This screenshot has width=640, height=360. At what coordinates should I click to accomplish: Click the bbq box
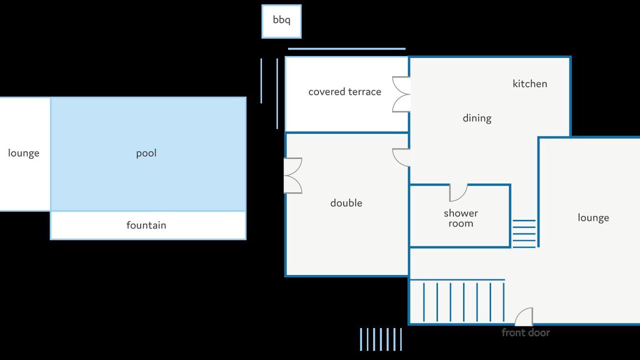click(281, 21)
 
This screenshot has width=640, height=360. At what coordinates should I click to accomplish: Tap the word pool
click(146, 153)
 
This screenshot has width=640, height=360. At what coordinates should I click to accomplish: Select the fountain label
click(146, 225)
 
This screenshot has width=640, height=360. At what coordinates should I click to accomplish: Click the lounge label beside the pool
click(23, 153)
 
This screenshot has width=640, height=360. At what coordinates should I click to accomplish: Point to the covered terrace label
click(344, 91)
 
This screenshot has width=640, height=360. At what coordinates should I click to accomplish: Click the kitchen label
click(529, 83)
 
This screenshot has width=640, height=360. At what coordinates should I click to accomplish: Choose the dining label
click(477, 118)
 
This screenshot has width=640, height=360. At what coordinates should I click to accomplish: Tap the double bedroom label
click(346, 203)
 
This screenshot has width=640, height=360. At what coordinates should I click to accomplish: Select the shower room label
click(461, 218)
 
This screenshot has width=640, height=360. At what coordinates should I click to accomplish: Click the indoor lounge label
click(593, 217)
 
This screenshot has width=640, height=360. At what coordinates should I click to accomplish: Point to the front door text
click(525, 332)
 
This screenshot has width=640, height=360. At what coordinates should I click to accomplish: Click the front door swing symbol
click(524, 316)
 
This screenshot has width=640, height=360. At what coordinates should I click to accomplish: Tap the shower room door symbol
click(458, 192)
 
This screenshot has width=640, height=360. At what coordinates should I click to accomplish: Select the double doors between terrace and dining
click(401, 94)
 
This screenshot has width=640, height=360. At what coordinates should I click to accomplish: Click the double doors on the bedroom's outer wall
click(293, 175)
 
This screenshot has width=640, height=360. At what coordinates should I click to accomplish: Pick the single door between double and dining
click(401, 157)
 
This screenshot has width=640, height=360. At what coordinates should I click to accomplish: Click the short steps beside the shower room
click(524, 233)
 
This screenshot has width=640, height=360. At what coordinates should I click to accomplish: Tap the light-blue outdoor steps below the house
click(381, 339)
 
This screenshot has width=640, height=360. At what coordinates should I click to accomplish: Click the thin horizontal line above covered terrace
click(346, 49)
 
